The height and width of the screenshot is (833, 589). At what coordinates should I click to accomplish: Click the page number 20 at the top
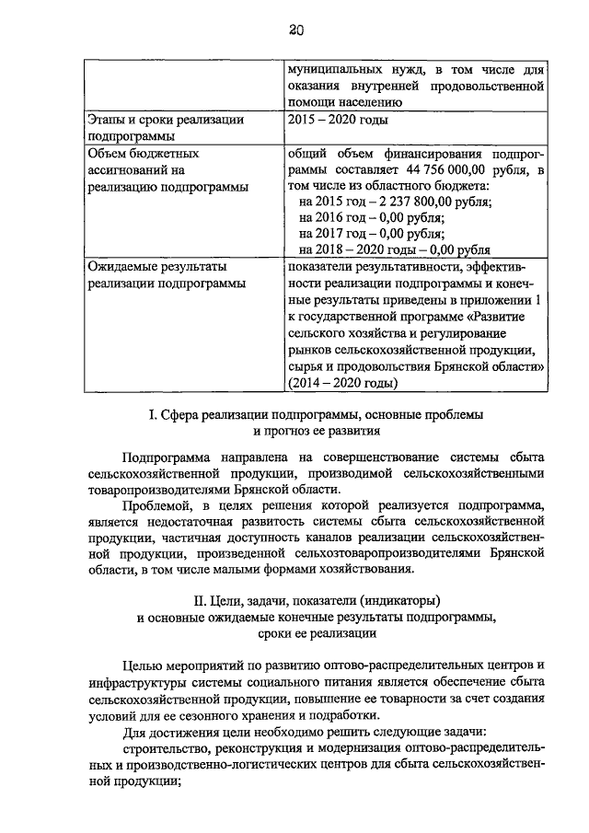(294, 30)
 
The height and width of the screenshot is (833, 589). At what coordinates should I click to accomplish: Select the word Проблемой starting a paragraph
(156, 505)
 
